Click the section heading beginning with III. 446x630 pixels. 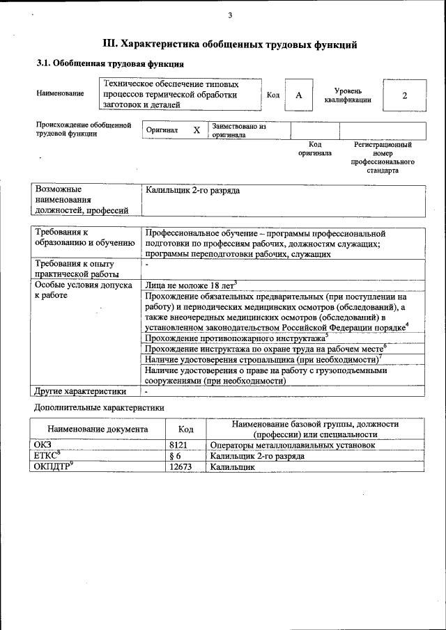[230, 45]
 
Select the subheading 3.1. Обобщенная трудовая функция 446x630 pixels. [110, 64]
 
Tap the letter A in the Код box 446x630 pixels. [298, 95]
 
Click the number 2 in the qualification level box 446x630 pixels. [404, 95]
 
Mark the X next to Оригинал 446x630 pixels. [197, 130]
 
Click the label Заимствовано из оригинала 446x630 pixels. [239, 131]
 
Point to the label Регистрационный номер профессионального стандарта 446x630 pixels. [383, 157]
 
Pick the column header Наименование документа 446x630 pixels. [98, 430]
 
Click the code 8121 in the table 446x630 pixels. [178, 445]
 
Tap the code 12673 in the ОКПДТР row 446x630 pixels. [181, 467]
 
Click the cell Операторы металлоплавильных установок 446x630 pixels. [293, 445]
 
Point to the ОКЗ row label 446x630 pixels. [43, 445]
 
